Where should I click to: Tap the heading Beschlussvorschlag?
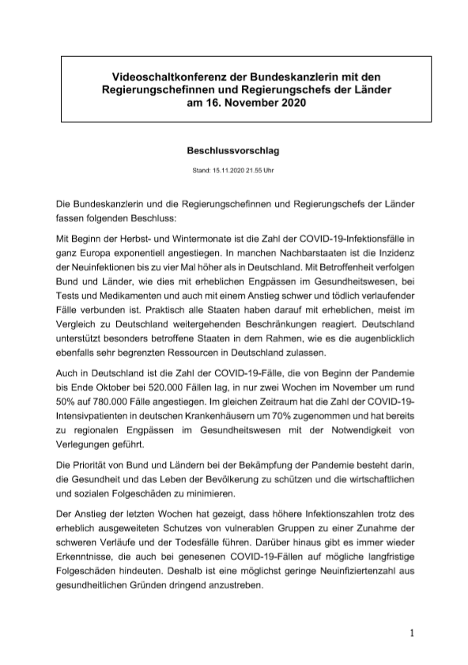pos(233,149)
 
